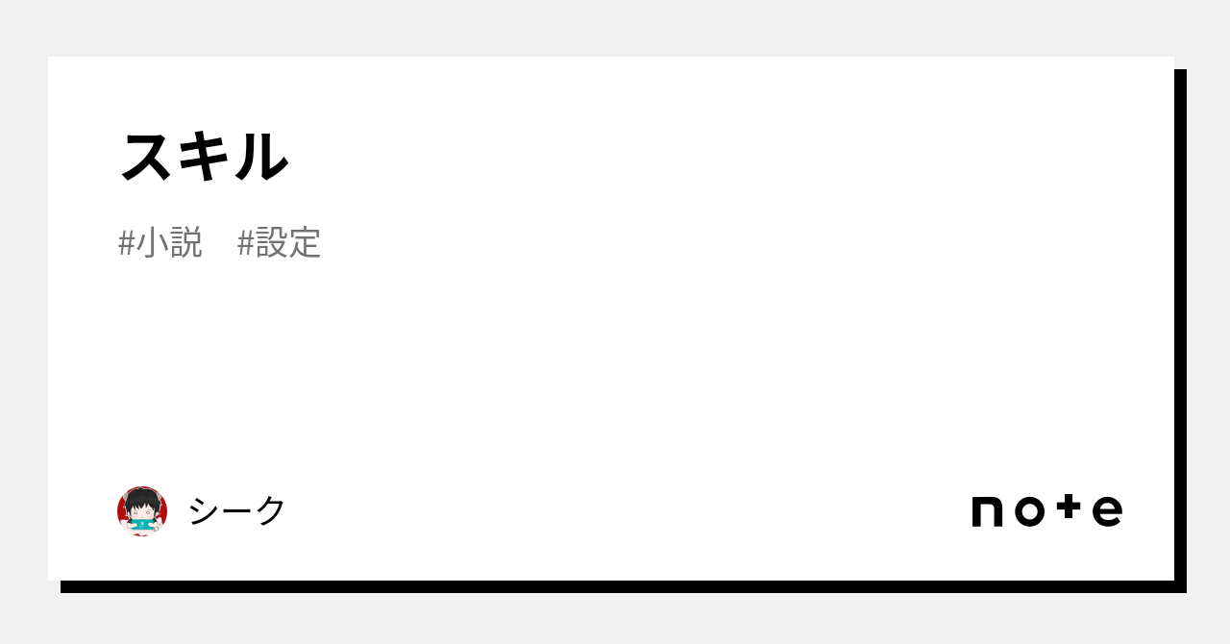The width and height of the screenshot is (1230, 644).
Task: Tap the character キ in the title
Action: [205, 156]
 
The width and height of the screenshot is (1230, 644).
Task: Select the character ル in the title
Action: [259, 156]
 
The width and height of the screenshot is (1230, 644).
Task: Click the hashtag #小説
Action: [160, 242]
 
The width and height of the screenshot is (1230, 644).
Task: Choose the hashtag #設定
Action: [279, 242]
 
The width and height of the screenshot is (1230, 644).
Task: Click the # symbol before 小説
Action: [126, 243]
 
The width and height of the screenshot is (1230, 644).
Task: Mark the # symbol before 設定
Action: [245, 243]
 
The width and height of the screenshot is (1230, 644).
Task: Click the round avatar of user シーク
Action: [142, 510]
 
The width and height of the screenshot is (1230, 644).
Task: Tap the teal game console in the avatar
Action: [142, 523]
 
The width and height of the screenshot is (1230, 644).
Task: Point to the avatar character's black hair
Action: [142, 498]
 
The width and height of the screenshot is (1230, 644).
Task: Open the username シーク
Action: [236, 510]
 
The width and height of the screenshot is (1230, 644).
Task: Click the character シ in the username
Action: [204, 510]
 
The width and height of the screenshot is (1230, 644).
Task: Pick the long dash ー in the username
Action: [237, 510]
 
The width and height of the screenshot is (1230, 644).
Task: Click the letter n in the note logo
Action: [988, 511]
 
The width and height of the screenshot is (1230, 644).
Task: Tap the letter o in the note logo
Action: [1029, 511]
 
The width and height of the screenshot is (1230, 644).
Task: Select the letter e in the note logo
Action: [1107, 511]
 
